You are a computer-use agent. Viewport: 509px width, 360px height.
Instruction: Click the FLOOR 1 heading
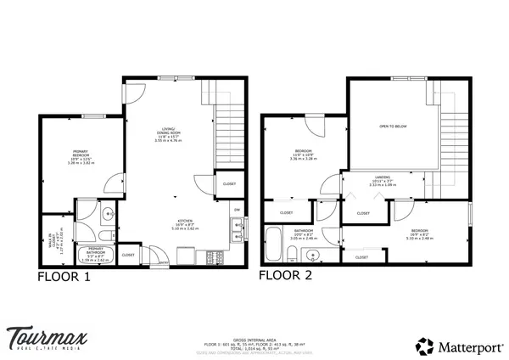coord(64,276)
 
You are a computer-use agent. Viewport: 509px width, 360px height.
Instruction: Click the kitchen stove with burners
coord(210,255)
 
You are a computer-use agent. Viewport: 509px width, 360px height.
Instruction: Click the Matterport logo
coord(447,345)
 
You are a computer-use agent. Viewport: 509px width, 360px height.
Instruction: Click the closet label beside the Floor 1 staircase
coord(229,183)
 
